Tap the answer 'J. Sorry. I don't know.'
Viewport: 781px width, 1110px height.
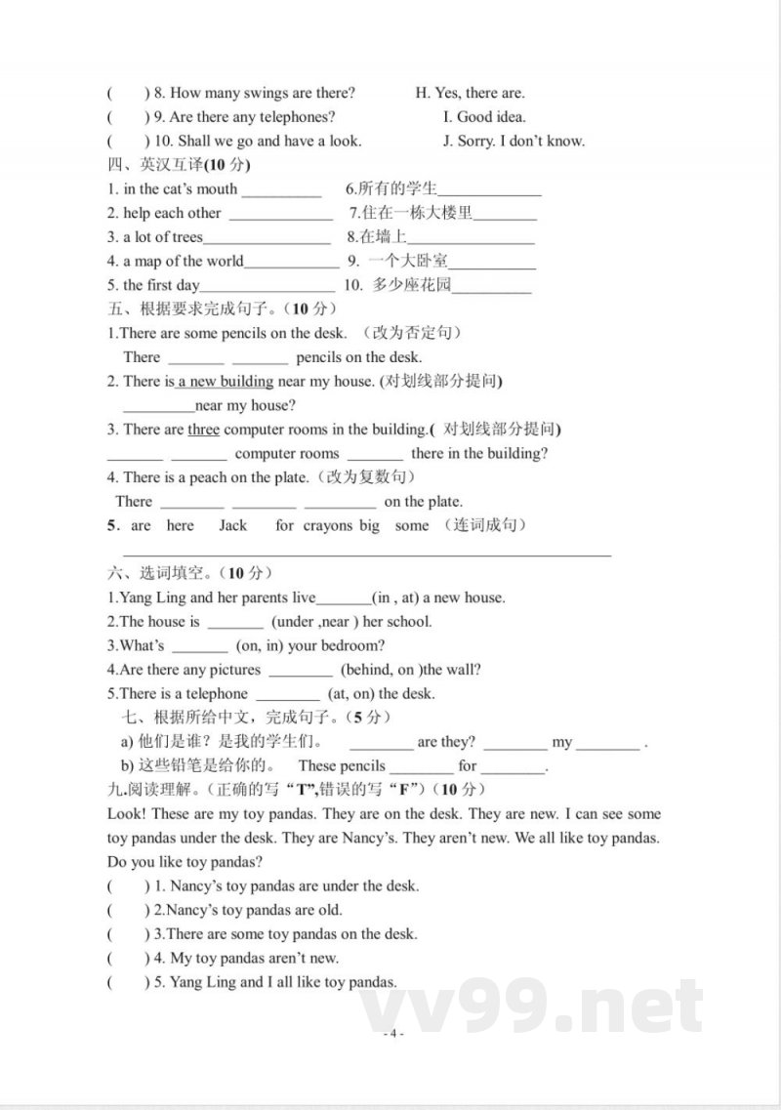coord(514,141)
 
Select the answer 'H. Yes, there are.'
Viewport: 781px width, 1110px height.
coord(470,93)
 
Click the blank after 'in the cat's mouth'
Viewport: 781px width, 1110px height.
coord(281,191)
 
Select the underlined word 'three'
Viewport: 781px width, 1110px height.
coord(203,430)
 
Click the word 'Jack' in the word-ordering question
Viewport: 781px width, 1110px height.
coord(232,525)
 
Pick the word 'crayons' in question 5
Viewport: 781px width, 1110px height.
coord(327,525)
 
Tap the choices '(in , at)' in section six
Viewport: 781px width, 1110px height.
coord(395,597)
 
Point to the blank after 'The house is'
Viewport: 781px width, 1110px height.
coord(235,623)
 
